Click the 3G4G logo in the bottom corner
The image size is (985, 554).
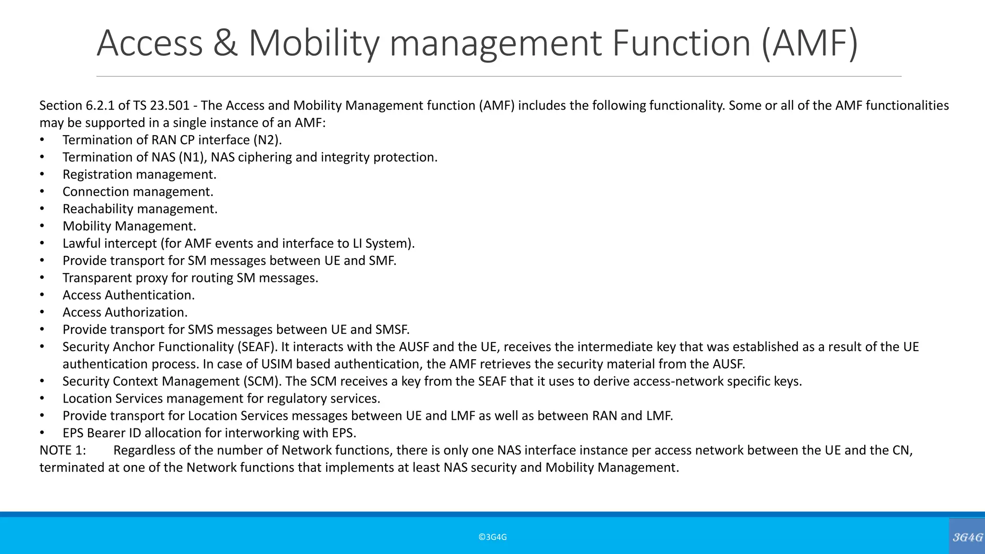(x=967, y=537)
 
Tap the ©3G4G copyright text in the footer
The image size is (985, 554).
(x=492, y=537)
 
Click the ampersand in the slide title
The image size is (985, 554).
(x=225, y=43)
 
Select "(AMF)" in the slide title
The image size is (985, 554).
(x=809, y=43)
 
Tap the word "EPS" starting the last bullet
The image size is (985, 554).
(x=73, y=433)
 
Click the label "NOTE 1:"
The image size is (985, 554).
(x=63, y=451)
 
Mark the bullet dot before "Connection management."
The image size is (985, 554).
(x=42, y=192)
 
